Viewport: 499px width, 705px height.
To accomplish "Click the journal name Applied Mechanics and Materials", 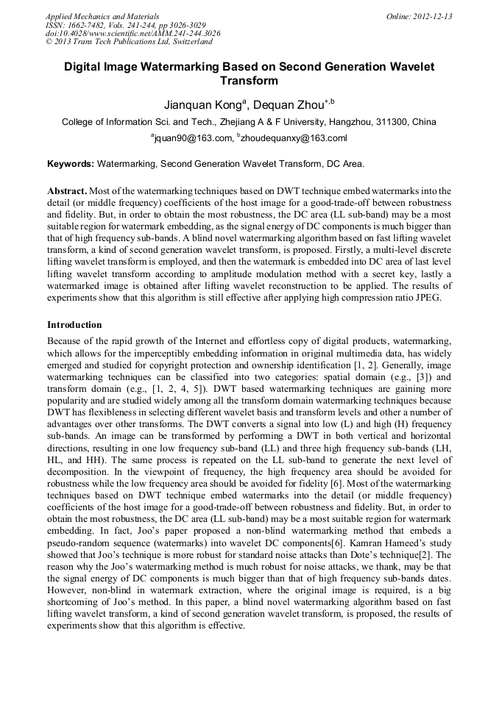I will point(102,16).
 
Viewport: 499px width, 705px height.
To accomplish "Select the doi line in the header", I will point(132,34).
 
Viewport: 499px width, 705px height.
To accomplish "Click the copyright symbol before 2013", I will point(49,43).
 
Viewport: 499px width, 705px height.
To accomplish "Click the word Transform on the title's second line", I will point(249,80).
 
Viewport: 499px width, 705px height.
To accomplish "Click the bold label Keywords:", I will point(71,163).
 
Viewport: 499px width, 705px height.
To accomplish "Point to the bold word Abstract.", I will point(68,190).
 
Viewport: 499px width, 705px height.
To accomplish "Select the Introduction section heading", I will point(74,324).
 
